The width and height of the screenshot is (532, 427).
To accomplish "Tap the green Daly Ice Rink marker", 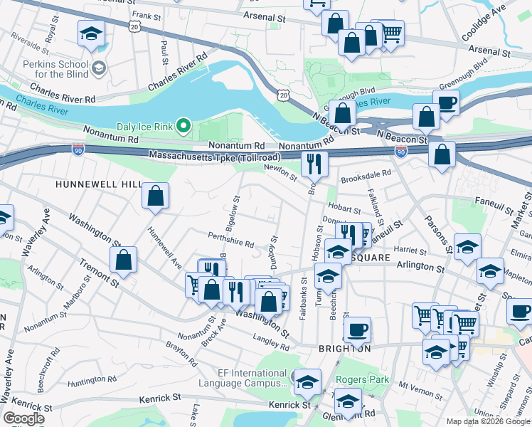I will click(x=183, y=127).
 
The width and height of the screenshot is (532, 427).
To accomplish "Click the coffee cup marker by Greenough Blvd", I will click(x=446, y=102).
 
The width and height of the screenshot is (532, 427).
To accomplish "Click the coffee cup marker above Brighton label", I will click(x=357, y=330).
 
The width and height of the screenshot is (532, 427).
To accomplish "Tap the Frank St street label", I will click(x=142, y=14).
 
